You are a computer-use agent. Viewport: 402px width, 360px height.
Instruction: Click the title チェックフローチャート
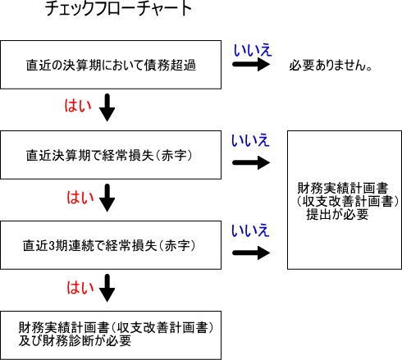pos(120,11)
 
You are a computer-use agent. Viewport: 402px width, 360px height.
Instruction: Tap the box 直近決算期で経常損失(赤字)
pos(112,153)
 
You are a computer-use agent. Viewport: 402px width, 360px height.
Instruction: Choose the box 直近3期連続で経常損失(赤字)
pos(112,244)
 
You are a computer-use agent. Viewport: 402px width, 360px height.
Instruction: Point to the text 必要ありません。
pos(331,65)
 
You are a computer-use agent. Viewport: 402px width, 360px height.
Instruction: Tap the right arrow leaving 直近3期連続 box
pos(250,253)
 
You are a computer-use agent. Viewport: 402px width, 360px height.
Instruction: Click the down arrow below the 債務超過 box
pos(107,108)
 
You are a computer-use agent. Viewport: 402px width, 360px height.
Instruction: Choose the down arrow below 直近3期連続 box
pos(107,289)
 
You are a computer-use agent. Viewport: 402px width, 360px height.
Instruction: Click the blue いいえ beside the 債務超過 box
pos(250,52)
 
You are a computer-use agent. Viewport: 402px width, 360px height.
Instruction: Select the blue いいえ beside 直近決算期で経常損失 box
pos(250,141)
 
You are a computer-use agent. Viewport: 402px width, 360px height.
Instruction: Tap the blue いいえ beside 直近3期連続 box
pos(250,231)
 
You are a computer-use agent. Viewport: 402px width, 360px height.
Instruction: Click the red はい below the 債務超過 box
pos(75,107)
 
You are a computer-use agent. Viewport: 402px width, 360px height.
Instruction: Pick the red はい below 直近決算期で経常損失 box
pos(75,198)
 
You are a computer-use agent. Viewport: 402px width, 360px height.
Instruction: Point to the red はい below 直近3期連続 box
pos(75,288)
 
